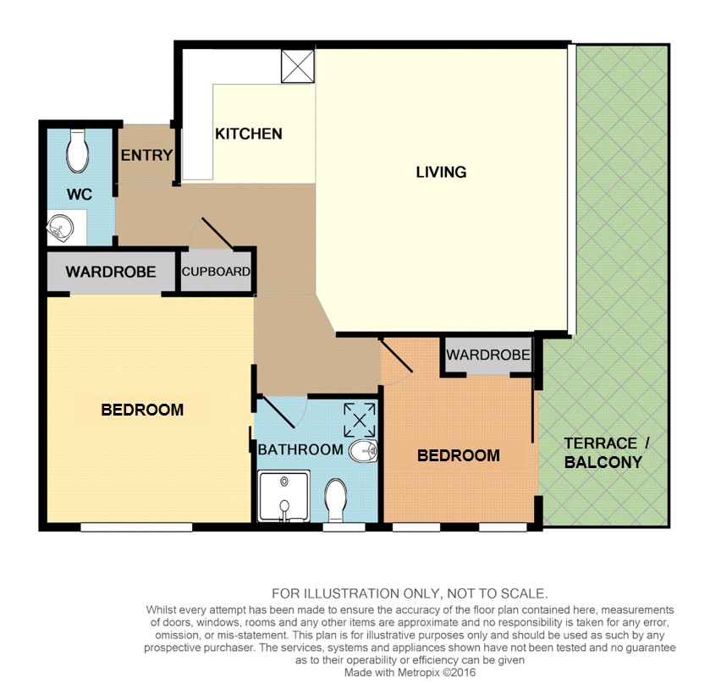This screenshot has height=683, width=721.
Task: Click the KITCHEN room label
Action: pyautogui.click(x=248, y=134)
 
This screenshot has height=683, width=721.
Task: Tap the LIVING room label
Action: pyautogui.click(x=441, y=172)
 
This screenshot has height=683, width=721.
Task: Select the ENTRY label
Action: pyautogui.click(x=146, y=156)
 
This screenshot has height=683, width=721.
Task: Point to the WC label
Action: pyautogui.click(x=80, y=194)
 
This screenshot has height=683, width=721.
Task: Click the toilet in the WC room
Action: pyautogui.click(x=77, y=151)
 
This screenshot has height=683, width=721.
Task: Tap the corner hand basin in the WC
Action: pyautogui.click(x=60, y=229)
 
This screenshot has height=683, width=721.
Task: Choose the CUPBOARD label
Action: pyautogui.click(x=216, y=272)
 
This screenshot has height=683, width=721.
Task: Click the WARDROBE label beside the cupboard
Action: pyautogui.click(x=111, y=272)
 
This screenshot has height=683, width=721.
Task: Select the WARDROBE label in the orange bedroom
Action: pyautogui.click(x=488, y=355)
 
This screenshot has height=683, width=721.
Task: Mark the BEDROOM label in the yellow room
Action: pyautogui.click(x=142, y=410)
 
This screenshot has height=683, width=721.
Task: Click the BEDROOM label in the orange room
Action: pyautogui.click(x=459, y=455)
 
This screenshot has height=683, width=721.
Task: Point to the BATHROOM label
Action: pyautogui.click(x=300, y=449)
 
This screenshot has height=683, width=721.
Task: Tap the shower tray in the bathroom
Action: pyautogui.click(x=283, y=496)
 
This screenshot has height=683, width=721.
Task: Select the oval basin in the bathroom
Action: pyautogui.click(x=363, y=451)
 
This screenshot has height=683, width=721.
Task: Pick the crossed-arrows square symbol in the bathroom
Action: pyautogui.click(x=360, y=420)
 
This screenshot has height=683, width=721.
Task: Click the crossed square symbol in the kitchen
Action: pyautogui.click(x=298, y=67)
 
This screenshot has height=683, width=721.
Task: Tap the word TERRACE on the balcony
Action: pyautogui.click(x=601, y=443)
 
